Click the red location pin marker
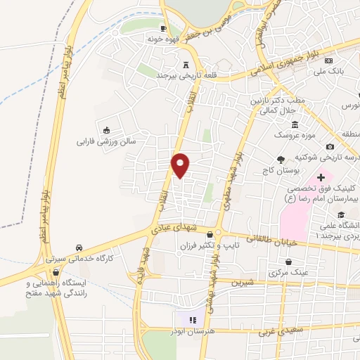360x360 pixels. pyautogui.click(x=181, y=165)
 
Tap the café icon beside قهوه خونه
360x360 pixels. pyautogui.click(x=163, y=29)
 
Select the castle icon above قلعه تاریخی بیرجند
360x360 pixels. pyautogui.click(x=186, y=63)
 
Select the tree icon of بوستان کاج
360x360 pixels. pyautogui.click(x=281, y=160)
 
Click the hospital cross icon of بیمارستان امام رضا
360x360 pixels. pyautogui.click(x=321, y=179)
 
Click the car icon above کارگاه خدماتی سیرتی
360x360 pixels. pyautogui.click(x=79, y=248)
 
